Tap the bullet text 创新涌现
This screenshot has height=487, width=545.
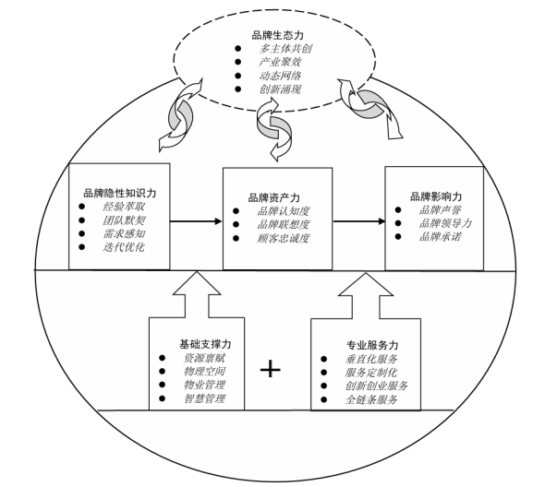(283, 89)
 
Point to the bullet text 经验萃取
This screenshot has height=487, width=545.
(124, 209)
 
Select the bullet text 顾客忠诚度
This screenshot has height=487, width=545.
(284, 238)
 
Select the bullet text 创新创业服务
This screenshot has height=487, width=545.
(376, 386)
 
